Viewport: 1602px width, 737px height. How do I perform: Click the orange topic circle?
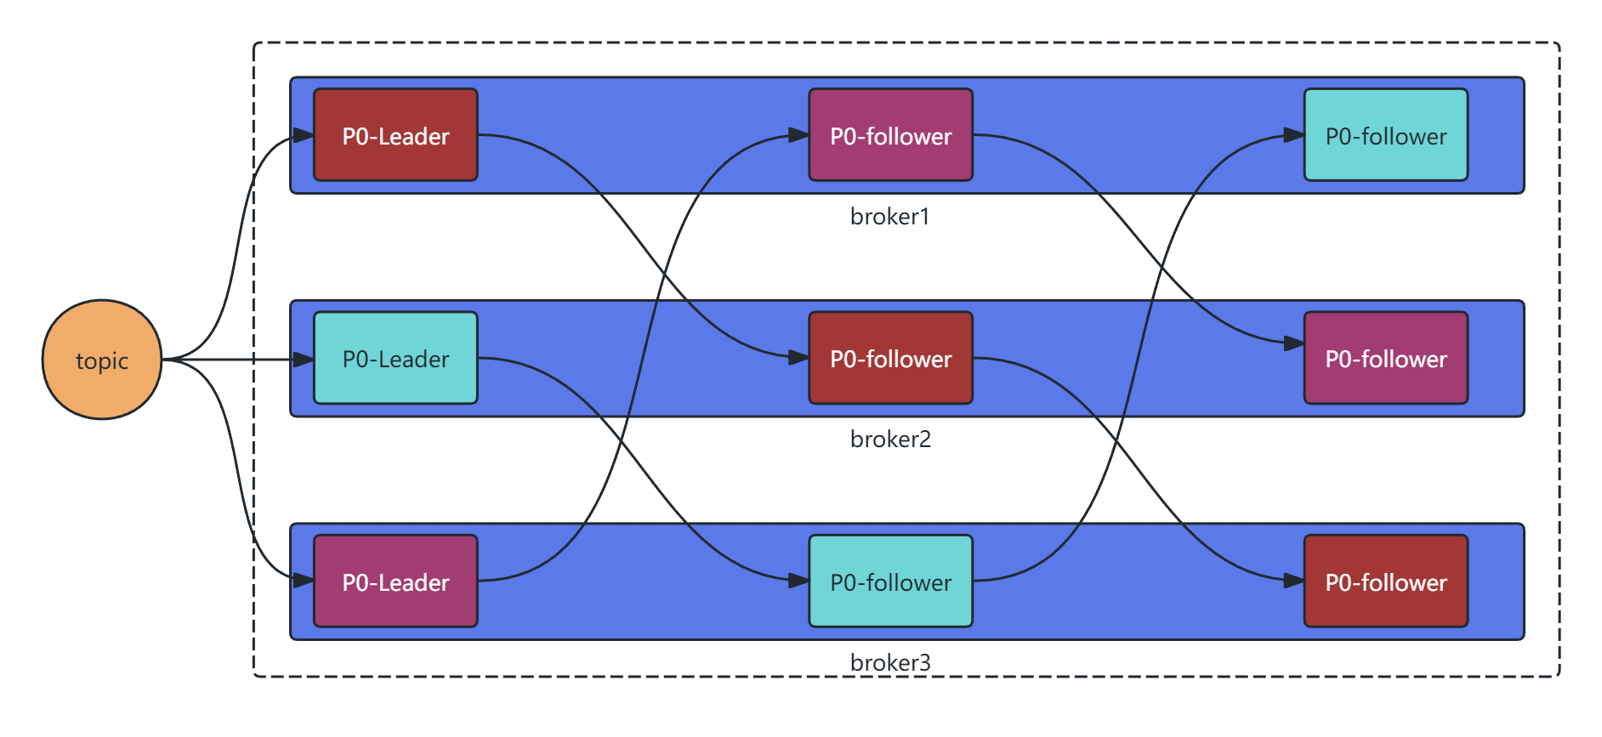coord(102,360)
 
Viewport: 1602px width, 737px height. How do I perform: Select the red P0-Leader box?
coord(395,135)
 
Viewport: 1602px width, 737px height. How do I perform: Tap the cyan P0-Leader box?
coord(395,358)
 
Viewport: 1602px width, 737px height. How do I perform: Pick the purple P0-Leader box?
coord(395,581)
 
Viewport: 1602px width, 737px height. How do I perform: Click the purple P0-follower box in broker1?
coord(890,135)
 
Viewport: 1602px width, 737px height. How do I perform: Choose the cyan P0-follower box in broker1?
coord(1386,135)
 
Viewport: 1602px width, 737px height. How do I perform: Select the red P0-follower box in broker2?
coord(890,358)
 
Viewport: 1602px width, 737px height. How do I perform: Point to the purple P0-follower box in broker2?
coord(1386,358)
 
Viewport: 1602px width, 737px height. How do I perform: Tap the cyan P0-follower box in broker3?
coord(890,581)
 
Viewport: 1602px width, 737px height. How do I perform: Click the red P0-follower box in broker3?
coord(1386,581)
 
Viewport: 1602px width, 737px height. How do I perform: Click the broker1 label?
coord(889,217)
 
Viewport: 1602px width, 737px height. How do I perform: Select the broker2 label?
coord(890,439)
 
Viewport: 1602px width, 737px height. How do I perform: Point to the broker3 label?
coord(890,662)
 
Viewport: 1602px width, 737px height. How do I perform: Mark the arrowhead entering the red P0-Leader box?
coord(304,135)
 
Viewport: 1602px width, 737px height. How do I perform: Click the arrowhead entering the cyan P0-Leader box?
coord(304,360)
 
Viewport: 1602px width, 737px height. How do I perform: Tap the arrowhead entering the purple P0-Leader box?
coord(304,581)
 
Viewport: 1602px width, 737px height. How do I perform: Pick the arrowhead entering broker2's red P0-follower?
coord(798,358)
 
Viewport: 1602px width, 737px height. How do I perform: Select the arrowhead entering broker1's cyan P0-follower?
coord(1294,135)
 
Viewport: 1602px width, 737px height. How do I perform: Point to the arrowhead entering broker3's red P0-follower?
coord(1294,581)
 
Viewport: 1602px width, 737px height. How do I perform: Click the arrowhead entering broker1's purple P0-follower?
coord(798,135)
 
